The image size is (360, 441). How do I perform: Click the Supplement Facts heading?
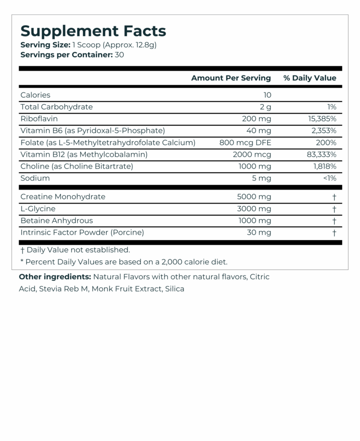93,31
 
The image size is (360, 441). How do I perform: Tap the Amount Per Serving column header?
231,78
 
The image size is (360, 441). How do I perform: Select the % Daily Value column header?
309,78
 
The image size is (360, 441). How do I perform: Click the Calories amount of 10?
267,95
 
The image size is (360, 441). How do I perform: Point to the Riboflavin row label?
39,119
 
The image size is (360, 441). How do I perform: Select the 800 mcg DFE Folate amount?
245,143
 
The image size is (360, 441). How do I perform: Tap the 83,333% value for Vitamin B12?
321,154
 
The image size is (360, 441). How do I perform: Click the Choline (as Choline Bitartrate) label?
77,166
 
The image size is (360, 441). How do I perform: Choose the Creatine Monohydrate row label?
63,197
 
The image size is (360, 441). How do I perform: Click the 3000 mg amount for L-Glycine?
255,209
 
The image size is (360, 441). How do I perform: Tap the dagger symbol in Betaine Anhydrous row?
334,220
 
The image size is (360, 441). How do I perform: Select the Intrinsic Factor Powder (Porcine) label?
82,232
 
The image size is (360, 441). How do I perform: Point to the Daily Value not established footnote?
75,250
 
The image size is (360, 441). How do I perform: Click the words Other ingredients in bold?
55,277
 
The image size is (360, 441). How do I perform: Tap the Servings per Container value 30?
119,54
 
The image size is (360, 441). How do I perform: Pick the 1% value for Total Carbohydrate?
331,107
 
